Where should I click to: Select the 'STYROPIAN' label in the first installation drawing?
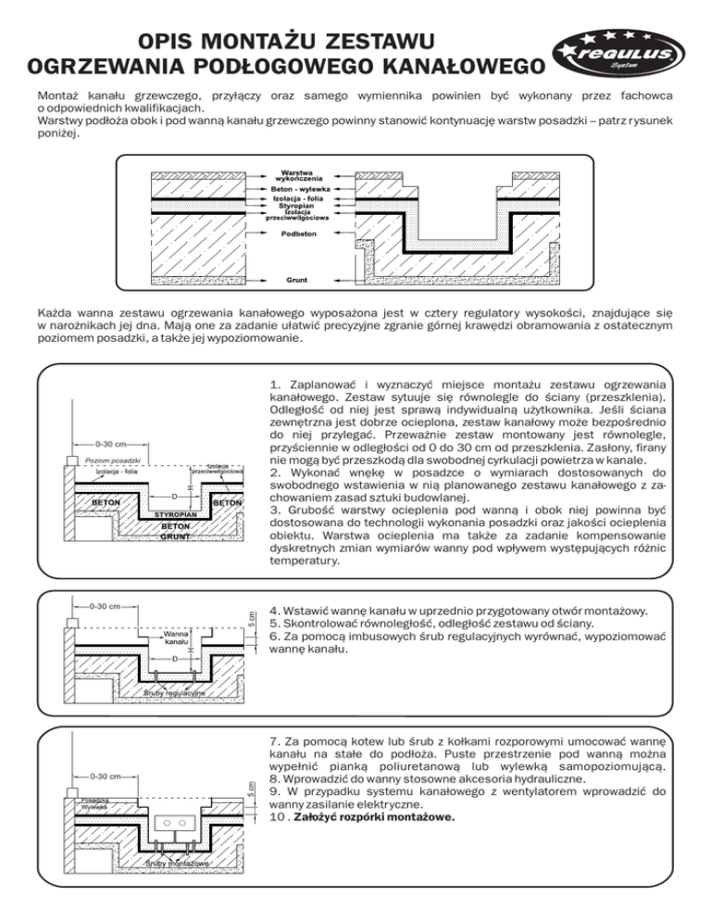click(x=173, y=513)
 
